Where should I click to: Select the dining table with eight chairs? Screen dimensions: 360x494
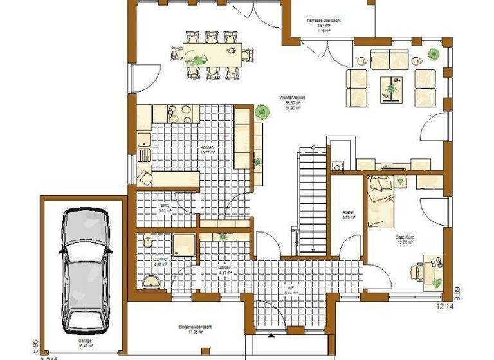(210, 55)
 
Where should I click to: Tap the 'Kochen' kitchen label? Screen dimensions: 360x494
(207, 148)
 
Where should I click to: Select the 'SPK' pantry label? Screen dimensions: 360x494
(165, 206)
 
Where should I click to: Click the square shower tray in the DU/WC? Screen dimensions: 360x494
(185, 243)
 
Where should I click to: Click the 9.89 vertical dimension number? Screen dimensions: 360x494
(457, 292)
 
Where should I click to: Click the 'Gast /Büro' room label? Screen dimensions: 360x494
(405, 237)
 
